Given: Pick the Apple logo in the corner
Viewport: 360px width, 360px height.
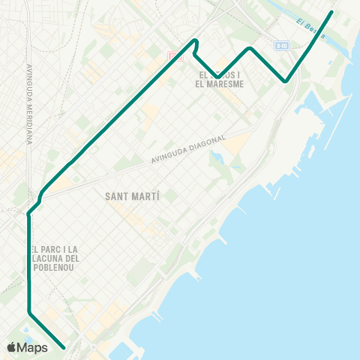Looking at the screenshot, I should point(12,347).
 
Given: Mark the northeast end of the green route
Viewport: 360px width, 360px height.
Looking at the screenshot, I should point(331,11).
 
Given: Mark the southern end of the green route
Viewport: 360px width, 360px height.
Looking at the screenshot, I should point(65,348).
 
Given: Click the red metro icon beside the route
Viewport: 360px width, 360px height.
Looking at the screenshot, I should point(174,55).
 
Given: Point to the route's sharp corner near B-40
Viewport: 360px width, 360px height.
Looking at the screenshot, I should point(285,81).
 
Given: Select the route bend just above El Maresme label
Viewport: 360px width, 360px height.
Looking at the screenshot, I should point(218,76).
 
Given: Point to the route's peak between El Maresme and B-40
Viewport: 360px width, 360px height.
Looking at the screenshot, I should point(250,48).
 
